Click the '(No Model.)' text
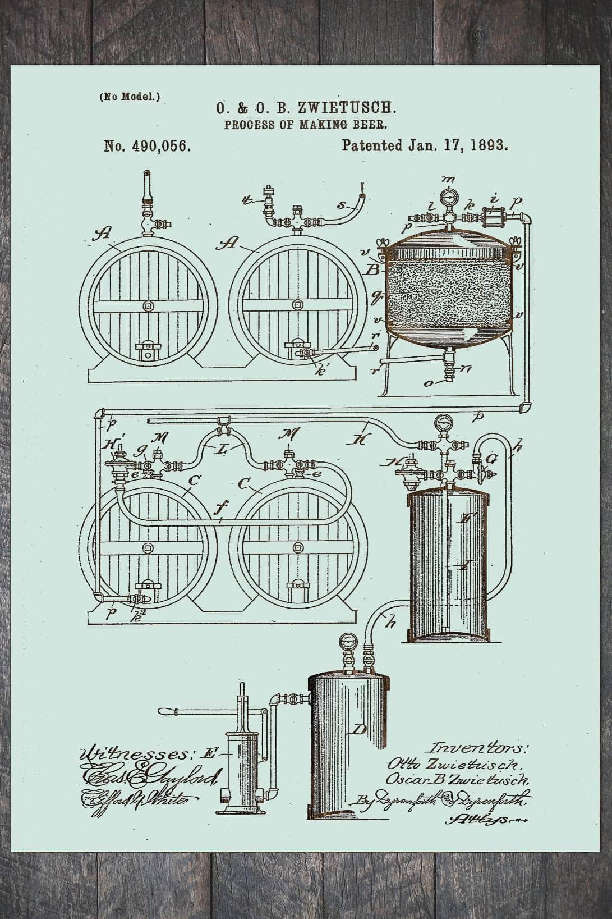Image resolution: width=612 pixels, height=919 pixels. (130, 97)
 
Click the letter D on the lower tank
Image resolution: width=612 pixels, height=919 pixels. (358, 730)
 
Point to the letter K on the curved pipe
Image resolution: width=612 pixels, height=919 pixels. (359, 440)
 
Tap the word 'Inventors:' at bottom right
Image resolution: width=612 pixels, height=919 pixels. (478, 748)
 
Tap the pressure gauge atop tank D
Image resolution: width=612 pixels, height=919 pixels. (347, 642)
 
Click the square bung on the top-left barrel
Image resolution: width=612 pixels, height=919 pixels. (148, 306)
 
